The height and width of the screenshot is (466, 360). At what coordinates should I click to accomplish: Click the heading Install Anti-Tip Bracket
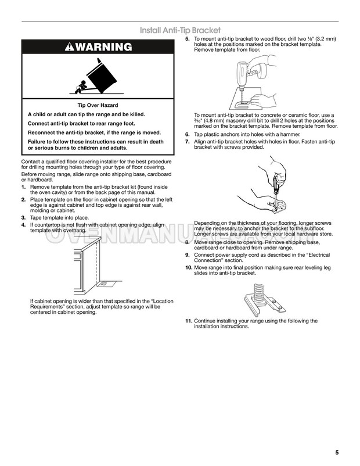coord(180,30)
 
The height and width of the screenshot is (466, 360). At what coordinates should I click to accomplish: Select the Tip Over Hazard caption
coord(98,105)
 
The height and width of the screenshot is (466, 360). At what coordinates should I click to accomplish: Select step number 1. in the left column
coord(24,187)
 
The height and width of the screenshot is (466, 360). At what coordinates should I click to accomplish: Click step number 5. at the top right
coord(187,39)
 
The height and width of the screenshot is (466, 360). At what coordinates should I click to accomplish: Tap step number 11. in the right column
coord(189,321)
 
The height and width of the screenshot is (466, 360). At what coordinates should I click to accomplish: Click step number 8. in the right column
coord(187,242)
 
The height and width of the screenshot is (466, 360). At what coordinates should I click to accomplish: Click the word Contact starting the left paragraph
coord(30,161)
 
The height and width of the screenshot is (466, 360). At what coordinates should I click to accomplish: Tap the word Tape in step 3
coord(35,218)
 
